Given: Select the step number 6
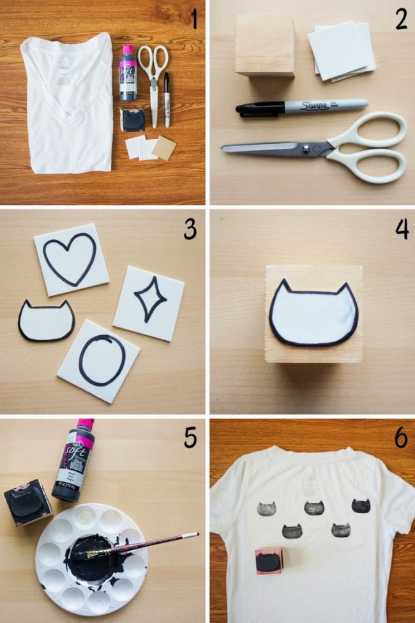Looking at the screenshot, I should coord(400,437).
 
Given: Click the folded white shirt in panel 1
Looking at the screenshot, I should coord(67,102).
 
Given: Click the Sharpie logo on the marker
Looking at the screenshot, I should coord(314,105).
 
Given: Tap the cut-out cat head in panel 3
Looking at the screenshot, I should coord(45,320).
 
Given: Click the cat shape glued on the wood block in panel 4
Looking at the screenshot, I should coord(313,315).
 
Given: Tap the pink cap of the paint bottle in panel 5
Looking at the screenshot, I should coord(85,424).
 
